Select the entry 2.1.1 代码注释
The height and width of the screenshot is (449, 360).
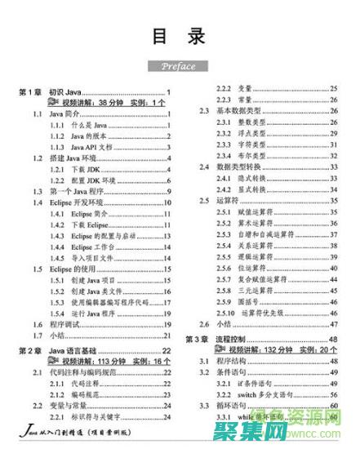pyautogui.click(x=74, y=383)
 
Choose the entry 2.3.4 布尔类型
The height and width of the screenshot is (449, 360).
pyautogui.click(x=245, y=155)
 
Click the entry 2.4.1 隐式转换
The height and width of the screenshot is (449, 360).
pyautogui.click(x=245, y=178)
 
